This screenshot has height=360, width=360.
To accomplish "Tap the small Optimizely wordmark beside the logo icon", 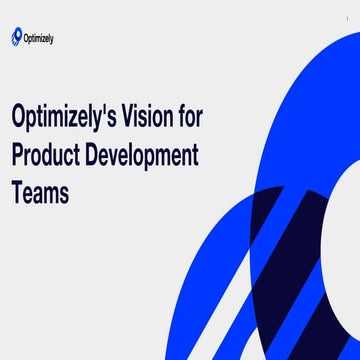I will (x=40, y=39).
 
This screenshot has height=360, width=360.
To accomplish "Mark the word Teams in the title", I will (x=41, y=192).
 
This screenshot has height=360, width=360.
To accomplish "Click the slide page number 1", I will (x=347, y=8).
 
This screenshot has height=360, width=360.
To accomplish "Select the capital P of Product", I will (x=18, y=155).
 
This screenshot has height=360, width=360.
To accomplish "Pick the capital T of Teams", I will (x=18, y=192).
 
